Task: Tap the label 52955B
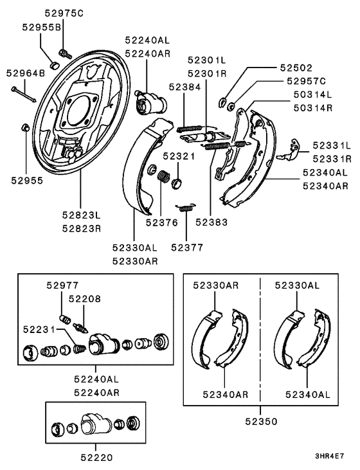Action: click(x=41, y=27)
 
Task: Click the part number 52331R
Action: click(x=332, y=158)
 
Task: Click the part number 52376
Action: click(x=161, y=222)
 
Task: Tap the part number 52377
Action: click(x=187, y=246)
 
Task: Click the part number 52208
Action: click(x=85, y=299)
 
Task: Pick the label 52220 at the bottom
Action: click(x=97, y=458)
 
